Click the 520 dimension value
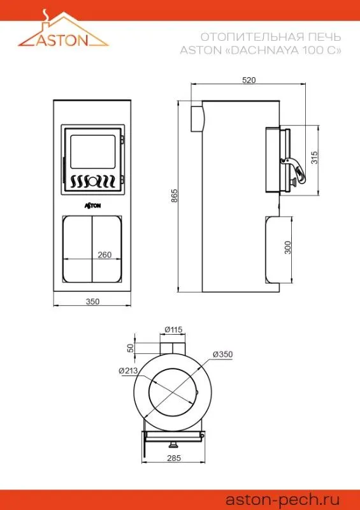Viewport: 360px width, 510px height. tap(249, 80)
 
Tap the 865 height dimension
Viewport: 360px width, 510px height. tap(175, 196)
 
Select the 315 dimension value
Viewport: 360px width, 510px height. tap(314, 157)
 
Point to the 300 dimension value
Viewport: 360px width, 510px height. tap(288, 247)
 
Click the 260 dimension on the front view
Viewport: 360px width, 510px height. tap(104, 254)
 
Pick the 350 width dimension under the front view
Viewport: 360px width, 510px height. tap(92, 302)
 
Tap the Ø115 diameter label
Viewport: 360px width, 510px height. tap(174, 329)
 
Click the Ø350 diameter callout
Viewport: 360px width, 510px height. tap(223, 354)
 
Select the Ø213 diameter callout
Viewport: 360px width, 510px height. tap(129, 370)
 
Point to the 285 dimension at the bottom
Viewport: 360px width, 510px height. tap(174, 458)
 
